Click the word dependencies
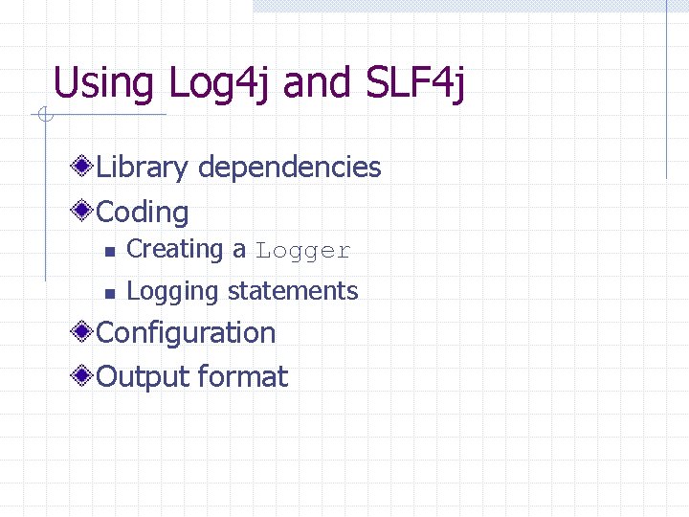click(x=290, y=168)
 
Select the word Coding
click(x=144, y=212)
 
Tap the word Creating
click(x=175, y=249)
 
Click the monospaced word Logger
click(x=303, y=251)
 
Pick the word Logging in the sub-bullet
click(x=173, y=291)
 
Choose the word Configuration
click(x=187, y=332)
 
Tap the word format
click(x=243, y=376)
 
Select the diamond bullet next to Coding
click(x=85, y=211)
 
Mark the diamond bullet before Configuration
click(x=85, y=332)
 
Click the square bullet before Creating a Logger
click(x=110, y=252)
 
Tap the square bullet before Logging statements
click(x=110, y=293)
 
